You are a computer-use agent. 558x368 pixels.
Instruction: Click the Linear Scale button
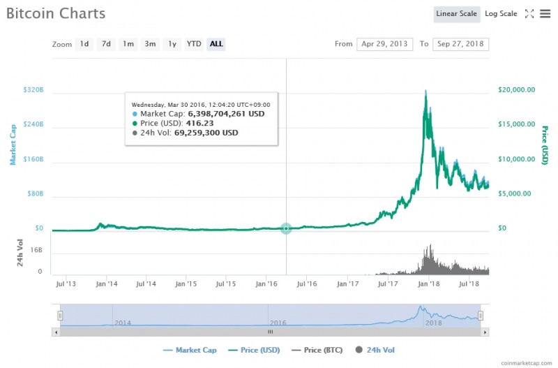point(456,14)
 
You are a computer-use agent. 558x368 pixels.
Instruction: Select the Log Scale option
point(501,14)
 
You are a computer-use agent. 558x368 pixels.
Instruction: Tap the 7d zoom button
point(106,44)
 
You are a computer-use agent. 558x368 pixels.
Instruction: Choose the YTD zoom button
point(194,44)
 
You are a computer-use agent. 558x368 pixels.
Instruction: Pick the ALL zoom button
point(216,44)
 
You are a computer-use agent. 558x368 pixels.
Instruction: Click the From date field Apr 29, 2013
point(384,44)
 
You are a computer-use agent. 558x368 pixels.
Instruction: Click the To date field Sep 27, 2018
point(460,44)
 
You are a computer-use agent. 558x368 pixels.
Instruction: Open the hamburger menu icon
point(545,14)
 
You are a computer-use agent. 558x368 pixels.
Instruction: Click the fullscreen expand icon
point(529,14)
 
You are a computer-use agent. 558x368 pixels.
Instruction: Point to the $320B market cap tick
point(33,90)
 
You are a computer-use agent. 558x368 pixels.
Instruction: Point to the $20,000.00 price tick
point(516,90)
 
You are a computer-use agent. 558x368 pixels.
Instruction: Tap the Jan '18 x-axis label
point(429,284)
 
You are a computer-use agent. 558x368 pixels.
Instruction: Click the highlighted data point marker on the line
point(286,228)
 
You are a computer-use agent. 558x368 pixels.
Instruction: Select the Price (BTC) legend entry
point(318,350)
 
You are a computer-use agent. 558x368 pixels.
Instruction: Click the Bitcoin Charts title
point(56,13)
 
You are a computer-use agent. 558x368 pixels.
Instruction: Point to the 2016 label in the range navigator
point(278,323)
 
